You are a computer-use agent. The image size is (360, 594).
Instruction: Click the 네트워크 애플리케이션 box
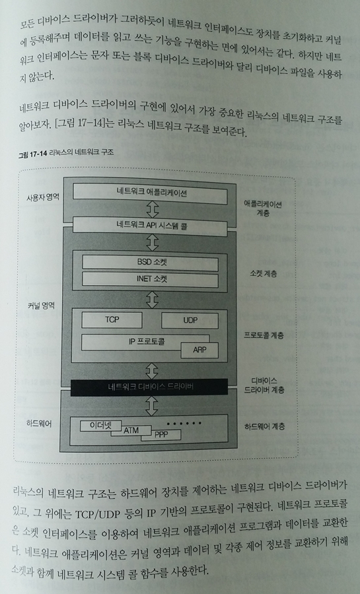click(150, 193)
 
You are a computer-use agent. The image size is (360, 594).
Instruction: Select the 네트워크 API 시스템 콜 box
click(150, 226)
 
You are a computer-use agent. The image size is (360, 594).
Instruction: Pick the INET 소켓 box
click(151, 280)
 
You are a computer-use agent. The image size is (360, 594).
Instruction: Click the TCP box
click(112, 320)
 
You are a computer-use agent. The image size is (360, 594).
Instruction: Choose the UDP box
click(190, 321)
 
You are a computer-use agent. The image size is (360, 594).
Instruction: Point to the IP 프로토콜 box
click(145, 342)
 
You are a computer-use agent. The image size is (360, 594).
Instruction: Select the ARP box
click(199, 350)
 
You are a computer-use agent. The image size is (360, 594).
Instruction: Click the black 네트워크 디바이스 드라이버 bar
click(149, 387)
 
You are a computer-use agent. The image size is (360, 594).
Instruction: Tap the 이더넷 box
click(101, 426)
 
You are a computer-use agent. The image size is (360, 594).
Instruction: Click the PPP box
click(161, 435)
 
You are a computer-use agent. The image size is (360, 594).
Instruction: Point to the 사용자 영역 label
click(43, 197)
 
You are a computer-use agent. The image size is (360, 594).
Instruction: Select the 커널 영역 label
click(41, 306)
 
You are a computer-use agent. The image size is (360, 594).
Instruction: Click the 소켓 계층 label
click(264, 273)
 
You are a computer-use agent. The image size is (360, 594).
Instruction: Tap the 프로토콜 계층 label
click(264, 335)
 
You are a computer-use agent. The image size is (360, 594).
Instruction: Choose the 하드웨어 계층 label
click(264, 426)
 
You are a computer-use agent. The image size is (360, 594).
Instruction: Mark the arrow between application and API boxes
click(153, 209)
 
